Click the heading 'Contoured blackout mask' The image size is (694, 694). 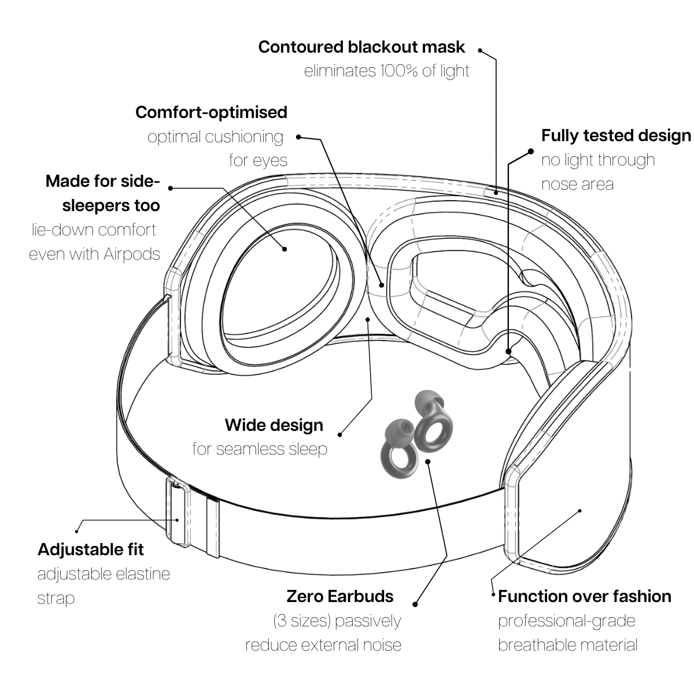(x=361, y=47)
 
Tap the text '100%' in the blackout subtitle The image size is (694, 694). (x=400, y=71)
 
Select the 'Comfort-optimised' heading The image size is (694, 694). (x=211, y=112)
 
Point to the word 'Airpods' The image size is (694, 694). (x=132, y=254)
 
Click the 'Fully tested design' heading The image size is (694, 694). (x=616, y=135)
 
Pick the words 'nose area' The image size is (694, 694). (x=577, y=184)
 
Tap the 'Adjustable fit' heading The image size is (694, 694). (x=91, y=549)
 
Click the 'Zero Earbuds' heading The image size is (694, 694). (x=340, y=596)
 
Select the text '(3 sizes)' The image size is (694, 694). (x=301, y=621)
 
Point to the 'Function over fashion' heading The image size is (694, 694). (x=584, y=596)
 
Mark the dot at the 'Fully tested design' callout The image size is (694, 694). (x=531, y=152)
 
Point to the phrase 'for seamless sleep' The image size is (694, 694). (x=260, y=449)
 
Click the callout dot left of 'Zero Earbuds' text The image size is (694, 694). (x=415, y=604)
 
